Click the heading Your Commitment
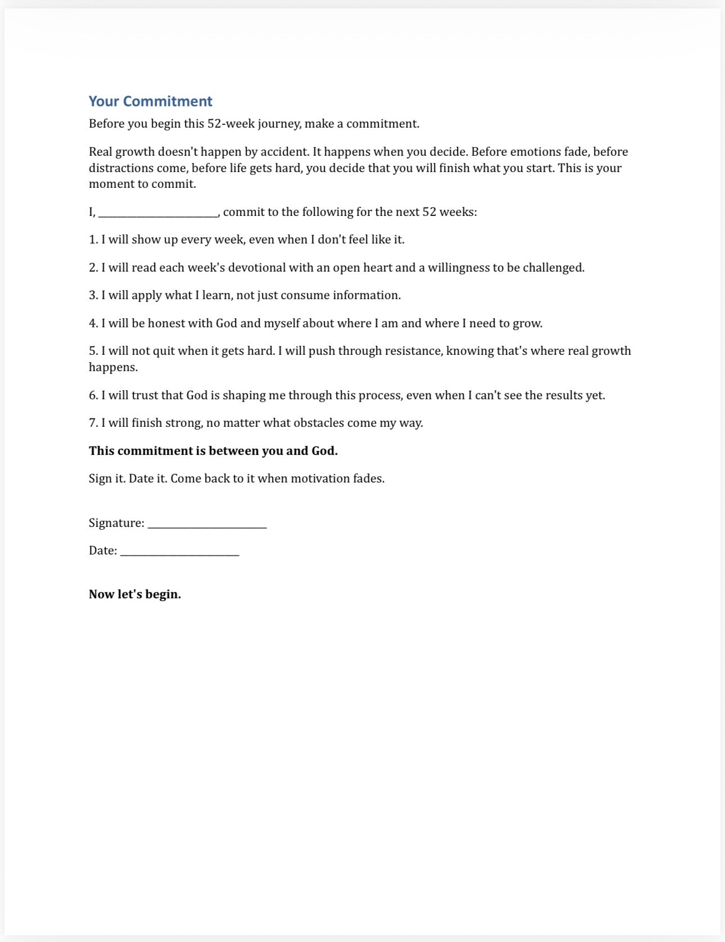(x=150, y=101)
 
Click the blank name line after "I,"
(x=158, y=214)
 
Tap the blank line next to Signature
(x=207, y=525)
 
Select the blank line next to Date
(x=180, y=553)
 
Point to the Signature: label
(x=116, y=523)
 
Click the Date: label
(x=103, y=551)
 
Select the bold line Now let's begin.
(x=135, y=594)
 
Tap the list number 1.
(x=93, y=240)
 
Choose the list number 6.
(x=93, y=395)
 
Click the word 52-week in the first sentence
(x=231, y=124)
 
